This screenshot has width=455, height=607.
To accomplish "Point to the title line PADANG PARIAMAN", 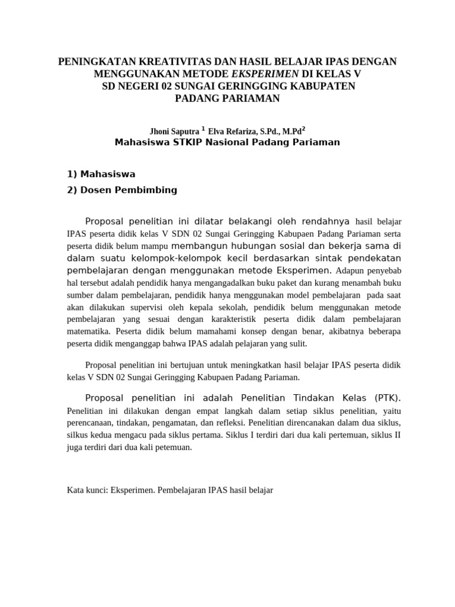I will tap(227, 99).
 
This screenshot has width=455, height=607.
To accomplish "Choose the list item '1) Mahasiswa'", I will tap(101, 174).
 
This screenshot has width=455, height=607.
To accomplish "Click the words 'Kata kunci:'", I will tap(86, 491).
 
